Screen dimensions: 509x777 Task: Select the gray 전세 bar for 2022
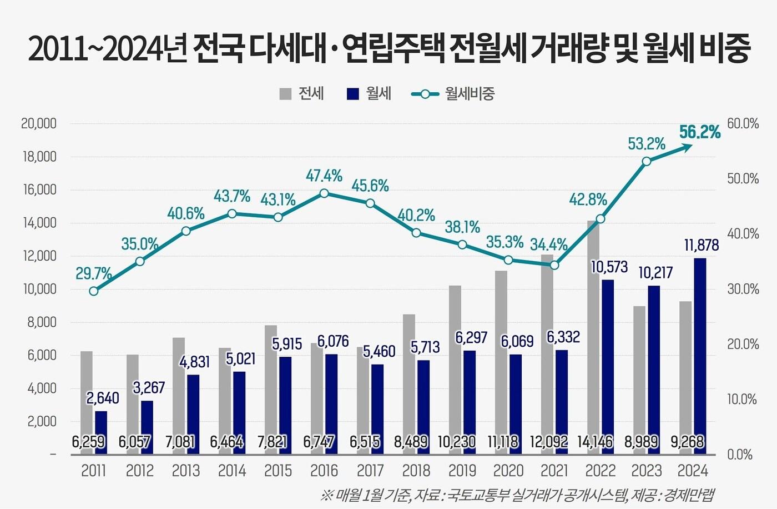coord(593,333)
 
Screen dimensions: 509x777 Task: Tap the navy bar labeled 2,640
coord(101,432)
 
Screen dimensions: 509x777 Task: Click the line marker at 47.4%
coord(324,193)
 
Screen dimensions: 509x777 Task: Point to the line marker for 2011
coord(94,291)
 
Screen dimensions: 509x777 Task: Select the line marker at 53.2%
coord(646,162)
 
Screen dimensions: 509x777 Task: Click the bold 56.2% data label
coord(699,132)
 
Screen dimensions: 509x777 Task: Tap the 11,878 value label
coord(701,245)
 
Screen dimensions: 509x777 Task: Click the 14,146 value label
coord(594,442)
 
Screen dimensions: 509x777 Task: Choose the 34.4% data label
coord(548,244)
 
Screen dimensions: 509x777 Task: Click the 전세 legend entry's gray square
coord(285,94)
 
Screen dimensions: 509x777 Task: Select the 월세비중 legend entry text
coord(470,94)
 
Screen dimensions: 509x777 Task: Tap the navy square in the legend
coord(353,94)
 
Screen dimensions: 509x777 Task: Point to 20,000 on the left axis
coord(39,124)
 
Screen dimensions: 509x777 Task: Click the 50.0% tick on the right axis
coord(743,179)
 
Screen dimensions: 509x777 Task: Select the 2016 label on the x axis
coord(324,471)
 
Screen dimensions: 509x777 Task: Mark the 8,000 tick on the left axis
coord(42,322)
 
